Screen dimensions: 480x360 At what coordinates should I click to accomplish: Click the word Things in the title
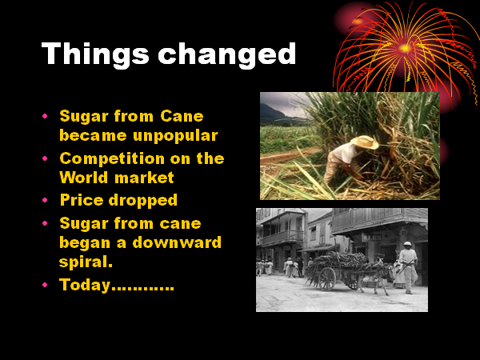click(95, 54)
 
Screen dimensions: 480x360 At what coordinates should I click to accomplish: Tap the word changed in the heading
click(227, 54)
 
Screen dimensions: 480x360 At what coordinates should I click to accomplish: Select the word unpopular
click(175, 136)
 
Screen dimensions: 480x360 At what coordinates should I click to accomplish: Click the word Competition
click(112, 159)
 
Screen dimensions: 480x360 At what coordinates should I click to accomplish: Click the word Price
click(82, 200)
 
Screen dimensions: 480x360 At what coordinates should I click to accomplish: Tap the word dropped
click(143, 201)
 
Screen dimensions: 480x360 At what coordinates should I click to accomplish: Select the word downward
click(177, 242)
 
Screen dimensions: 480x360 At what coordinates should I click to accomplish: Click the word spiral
click(86, 262)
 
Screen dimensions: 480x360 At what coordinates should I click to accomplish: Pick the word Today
click(85, 285)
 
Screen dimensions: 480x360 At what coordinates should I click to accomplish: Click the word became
click(93, 136)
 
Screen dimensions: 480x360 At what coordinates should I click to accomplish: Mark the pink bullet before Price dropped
click(45, 200)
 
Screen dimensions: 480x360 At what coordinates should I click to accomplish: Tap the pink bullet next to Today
click(45, 285)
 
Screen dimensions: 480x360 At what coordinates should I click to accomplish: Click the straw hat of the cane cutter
click(365, 142)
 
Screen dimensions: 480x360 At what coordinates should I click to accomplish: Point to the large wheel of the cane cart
click(327, 279)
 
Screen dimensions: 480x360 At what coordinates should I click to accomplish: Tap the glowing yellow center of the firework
click(406, 48)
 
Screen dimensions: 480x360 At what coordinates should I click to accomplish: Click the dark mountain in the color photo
click(273, 114)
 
